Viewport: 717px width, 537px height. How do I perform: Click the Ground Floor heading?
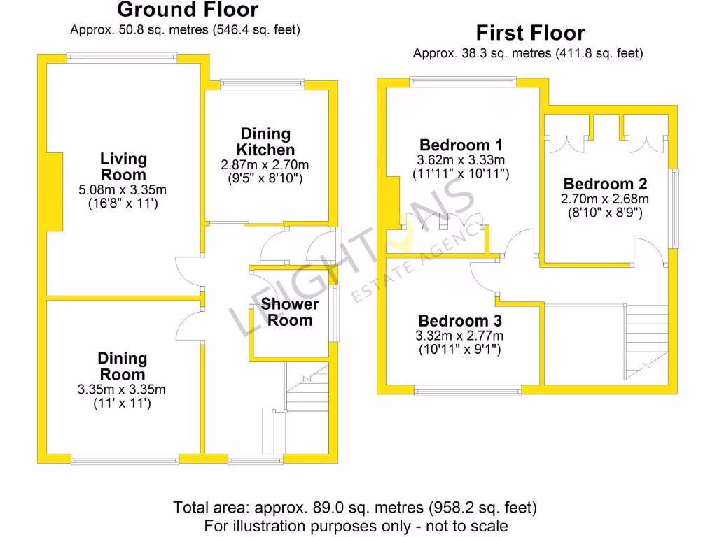coord(188,10)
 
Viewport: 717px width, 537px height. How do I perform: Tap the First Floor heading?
coord(530,33)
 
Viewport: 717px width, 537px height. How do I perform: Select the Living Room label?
coord(123,167)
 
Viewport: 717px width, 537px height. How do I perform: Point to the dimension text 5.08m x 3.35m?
coord(123,189)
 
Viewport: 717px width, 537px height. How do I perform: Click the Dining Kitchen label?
coord(265,141)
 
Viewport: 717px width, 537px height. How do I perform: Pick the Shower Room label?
coord(290,313)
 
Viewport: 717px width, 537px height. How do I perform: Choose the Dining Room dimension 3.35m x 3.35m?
coord(122,389)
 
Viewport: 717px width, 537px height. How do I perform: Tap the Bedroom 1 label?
coord(460,145)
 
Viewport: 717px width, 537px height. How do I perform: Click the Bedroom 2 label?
coord(605,184)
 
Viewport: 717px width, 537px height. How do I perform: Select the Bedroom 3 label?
coord(459,321)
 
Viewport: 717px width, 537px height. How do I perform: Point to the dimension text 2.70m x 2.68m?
coord(605,199)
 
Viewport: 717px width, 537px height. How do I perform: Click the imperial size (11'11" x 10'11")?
coord(460,173)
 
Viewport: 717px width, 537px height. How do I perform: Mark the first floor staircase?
coord(646,339)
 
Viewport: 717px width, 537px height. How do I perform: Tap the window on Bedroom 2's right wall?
coord(674,208)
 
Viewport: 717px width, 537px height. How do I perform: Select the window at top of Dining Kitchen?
coord(263,84)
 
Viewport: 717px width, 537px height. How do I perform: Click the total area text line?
coord(355,508)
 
